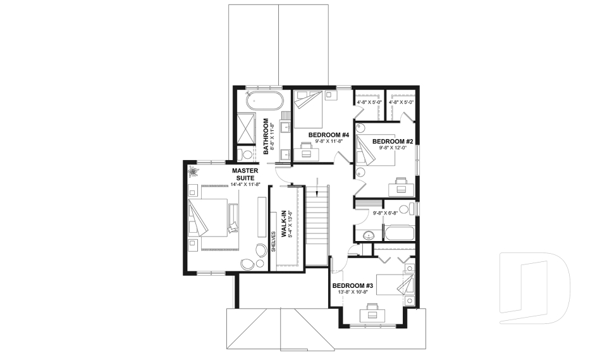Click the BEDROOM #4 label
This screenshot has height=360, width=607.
(x=329, y=135)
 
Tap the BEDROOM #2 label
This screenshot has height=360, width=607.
(x=392, y=141)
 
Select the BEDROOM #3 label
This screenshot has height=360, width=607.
(x=353, y=286)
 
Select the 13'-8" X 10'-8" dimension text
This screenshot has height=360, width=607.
(x=353, y=294)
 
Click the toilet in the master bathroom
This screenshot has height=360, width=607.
(x=247, y=154)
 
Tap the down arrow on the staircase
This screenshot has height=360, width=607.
(x=317, y=185)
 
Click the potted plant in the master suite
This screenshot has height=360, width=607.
(x=193, y=171)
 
